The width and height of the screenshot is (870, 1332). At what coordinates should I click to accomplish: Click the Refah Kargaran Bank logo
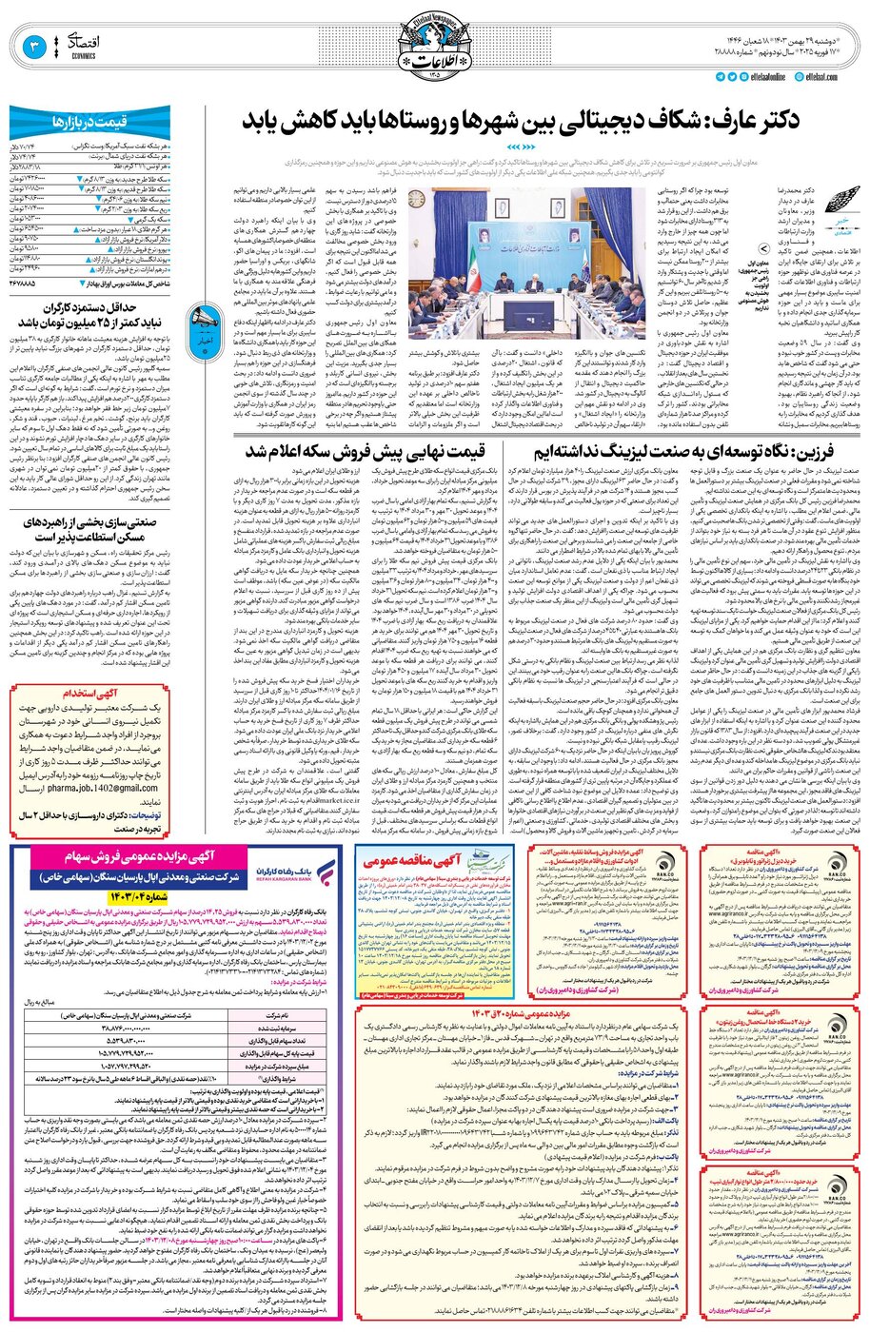pos(285,872)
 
